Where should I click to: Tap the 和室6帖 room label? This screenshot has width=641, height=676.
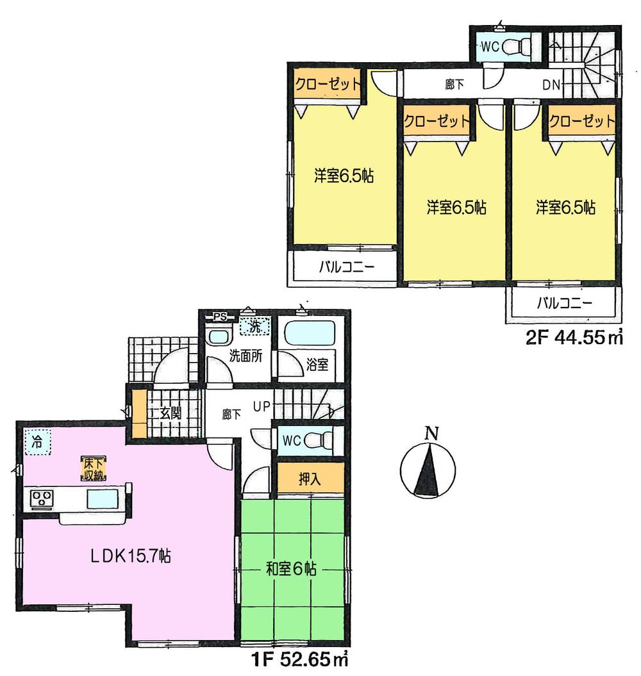(292, 568)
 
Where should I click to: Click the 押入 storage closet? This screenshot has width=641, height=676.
(310, 479)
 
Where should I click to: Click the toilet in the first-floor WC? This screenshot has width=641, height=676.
(319, 440)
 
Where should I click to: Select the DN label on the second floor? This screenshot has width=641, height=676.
(552, 85)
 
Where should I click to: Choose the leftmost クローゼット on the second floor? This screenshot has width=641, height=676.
(327, 85)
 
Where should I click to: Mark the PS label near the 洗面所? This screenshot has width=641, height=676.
(220, 316)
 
